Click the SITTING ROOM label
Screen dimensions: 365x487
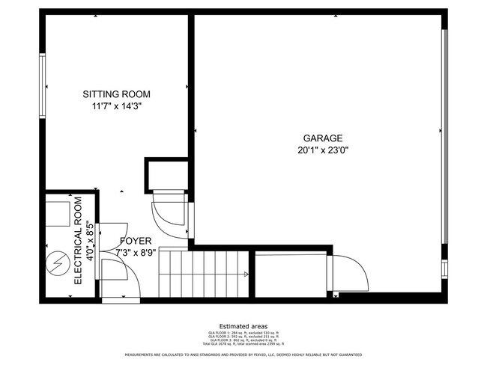point(116,94)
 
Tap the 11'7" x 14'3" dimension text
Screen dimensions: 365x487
point(116,106)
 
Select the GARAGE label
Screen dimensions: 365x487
point(323,138)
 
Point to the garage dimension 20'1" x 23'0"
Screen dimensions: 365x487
point(323,150)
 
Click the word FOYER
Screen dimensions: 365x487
point(136,242)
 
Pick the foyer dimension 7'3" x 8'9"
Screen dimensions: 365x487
point(136,254)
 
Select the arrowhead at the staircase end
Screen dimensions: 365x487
point(246,274)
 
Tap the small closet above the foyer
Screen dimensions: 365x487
point(166,174)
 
